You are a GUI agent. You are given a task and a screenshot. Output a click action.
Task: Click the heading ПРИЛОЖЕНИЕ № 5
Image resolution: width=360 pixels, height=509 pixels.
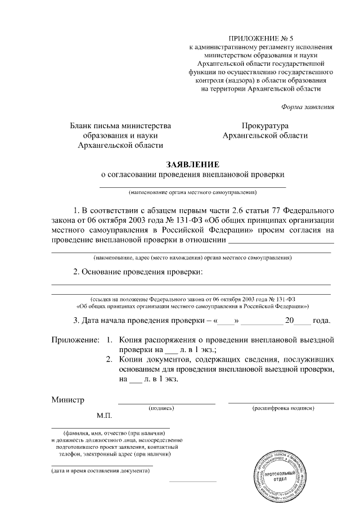pyautogui.click(x=264, y=38)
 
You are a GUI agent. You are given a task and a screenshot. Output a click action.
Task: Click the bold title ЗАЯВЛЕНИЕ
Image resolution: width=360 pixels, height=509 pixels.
pyautogui.click(x=192, y=164)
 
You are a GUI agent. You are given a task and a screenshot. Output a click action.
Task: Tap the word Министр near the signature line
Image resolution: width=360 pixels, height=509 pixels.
pyautogui.click(x=68, y=400)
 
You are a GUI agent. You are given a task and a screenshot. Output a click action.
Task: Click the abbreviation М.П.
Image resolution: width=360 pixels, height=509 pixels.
pyautogui.click(x=105, y=416)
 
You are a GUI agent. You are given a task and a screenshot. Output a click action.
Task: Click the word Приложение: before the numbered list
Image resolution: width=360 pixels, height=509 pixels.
pyautogui.click(x=75, y=341)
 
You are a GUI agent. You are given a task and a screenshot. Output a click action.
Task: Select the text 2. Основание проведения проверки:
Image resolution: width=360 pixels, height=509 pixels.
pyautogui.click(x=138, y=272)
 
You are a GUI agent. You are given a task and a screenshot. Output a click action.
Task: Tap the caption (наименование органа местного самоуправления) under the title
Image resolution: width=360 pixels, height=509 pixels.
pyautogui.click(x=192, y=193)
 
